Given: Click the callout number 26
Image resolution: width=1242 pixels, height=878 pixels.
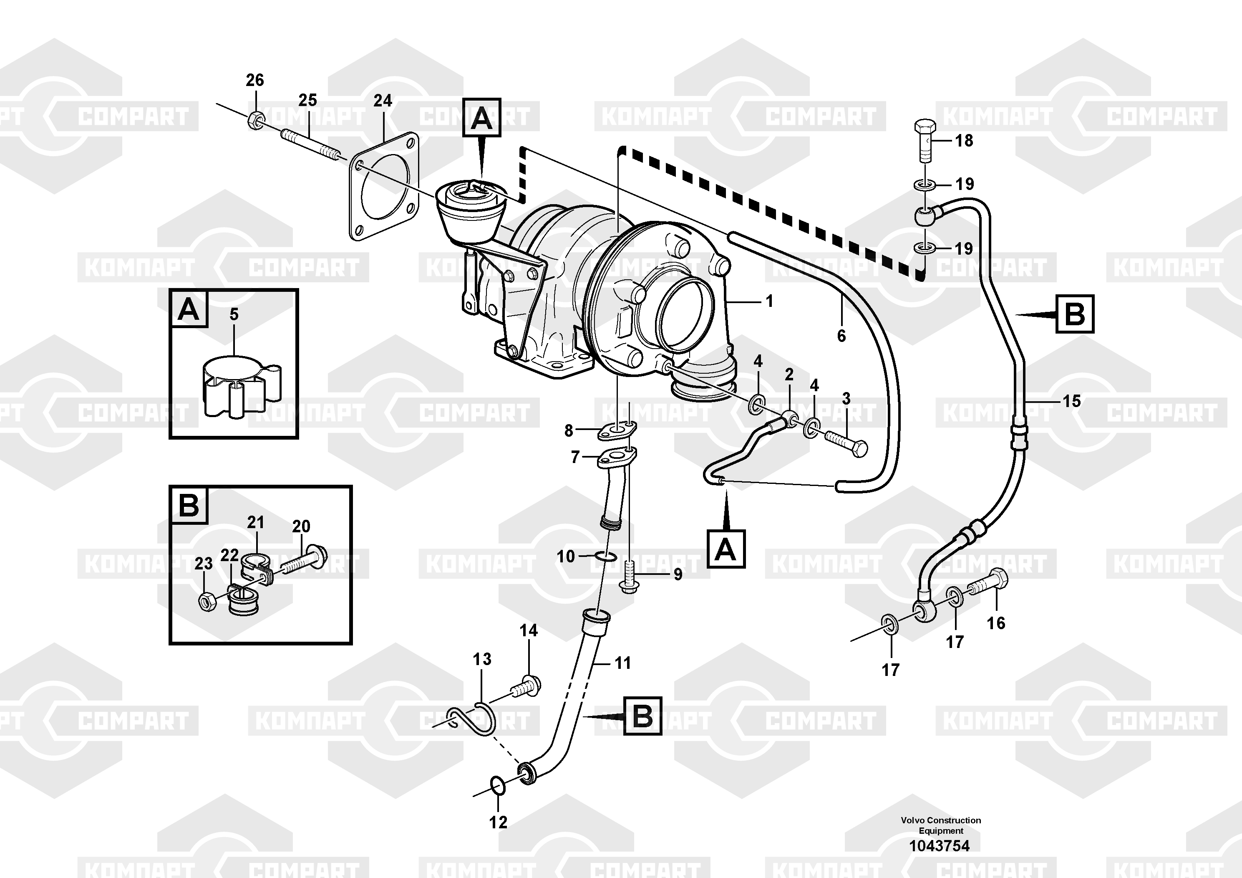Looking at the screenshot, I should pyautogui.click(x=255, y=81).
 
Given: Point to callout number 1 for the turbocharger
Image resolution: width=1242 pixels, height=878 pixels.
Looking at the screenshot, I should pyautogui.click(x=769, y=301).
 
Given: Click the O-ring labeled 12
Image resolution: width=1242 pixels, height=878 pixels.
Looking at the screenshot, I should pyautogui.click(x=498, y=785).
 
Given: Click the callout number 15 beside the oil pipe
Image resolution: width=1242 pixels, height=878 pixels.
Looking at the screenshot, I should pyautogui.click(x=1072, y=401).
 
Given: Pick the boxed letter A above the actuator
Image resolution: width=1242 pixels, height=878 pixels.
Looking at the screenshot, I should pyautogui.click(x=481, y=117).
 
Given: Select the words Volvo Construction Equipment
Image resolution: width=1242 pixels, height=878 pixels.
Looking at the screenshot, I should pyautogui.click(x=941, y=825).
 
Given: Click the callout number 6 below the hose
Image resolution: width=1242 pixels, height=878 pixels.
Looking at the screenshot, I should pyautogui.click(x=841, y=336).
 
